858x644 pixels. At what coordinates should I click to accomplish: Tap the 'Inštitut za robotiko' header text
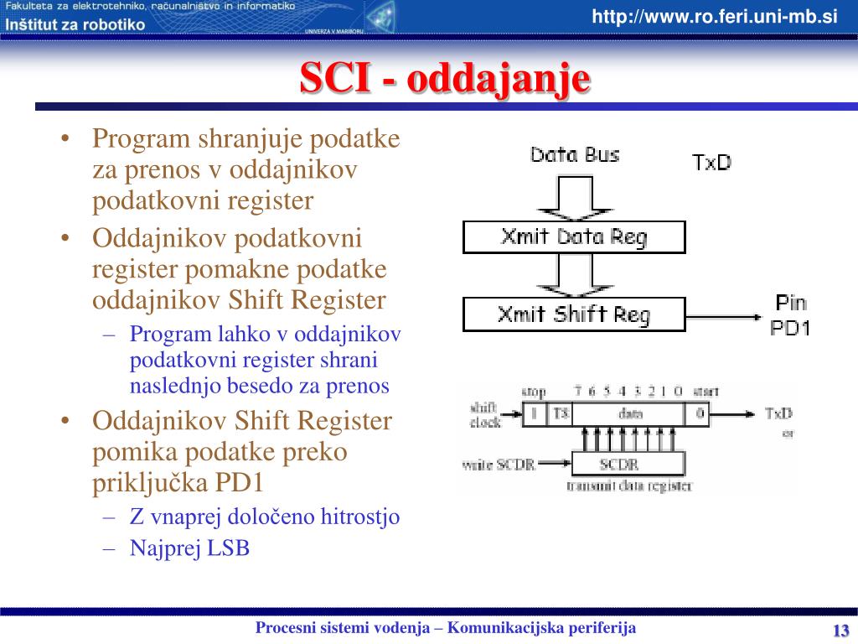click(75, 24)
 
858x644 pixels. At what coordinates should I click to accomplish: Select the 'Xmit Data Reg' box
click(574, 237)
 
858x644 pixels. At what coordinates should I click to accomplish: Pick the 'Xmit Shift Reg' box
click(574, 314)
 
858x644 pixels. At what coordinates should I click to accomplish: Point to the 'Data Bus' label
click(575, 155)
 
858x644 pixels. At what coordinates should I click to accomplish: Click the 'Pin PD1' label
click(790, 315)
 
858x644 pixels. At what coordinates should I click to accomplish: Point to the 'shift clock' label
click(485, 415)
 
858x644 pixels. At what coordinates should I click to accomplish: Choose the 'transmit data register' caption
click(629, 486)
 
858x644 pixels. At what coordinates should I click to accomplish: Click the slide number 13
click(840, 631)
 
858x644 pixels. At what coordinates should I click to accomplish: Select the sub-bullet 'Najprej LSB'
click(189, 548)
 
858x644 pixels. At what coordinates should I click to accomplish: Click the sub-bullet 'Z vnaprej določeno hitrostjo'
click(265, 517)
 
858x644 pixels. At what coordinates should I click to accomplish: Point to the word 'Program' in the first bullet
click(142, 138)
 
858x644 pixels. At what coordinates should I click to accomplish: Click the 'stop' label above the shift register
click(534, 392)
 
